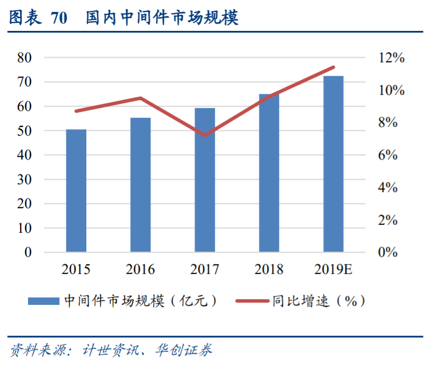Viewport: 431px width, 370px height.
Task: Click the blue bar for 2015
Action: pyautogui.click(x=76, y=190)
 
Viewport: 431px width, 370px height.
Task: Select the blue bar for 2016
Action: pyautogui.click(x=141, y=185)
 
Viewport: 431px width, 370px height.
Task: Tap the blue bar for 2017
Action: pyautogui.click(x=205, y=180)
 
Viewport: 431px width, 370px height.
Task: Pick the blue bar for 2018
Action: pyautogui.click(x=269, y=173)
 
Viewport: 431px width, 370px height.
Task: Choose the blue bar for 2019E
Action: pyautogui.click(x=333, y=164)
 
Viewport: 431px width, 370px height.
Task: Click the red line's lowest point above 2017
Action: pyautogui.click(x=205, y=135)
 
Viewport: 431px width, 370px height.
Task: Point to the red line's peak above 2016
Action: pyautogui.click(x=141, y=98)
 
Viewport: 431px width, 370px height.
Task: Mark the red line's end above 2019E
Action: pyautogui.click(x=333, y=67)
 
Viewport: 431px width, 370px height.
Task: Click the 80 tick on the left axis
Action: pyautogui.click(x=24, y=58)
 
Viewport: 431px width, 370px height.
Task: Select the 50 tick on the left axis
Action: pyautogui.click(x=24, y=131)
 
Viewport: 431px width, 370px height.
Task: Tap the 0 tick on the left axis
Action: pyautogui.click(x=28, y=252)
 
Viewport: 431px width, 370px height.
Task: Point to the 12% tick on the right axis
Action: pyautogui.click(x=391, y=58)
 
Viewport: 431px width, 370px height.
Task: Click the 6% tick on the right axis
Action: pyautogui.click(x=391, y=155)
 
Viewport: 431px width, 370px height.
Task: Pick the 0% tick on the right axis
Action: pyautogui.click(x=391, y=252)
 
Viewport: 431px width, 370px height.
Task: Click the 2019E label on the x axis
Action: pyautogui.click(x=333, y=269)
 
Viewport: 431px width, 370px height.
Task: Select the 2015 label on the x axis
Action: pyautogui.click(x=76, y=269)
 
